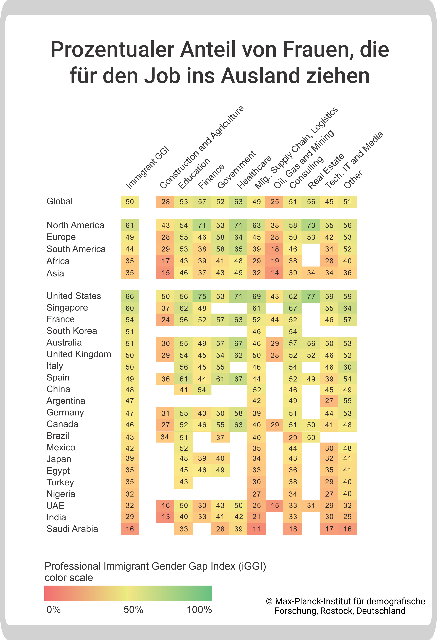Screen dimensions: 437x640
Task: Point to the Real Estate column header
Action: click(x=326, y=171)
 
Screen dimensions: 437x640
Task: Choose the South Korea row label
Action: click(x=72, y=331)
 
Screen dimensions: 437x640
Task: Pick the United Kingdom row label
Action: click(x=79, y=354)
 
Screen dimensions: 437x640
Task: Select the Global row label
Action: click(x=59, y=201)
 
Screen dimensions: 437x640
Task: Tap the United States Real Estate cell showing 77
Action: click(x=311, y=296)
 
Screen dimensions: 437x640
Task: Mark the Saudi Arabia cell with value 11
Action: click(x=256, y=529)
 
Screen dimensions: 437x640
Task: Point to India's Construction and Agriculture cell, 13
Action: click(x=165, y=517)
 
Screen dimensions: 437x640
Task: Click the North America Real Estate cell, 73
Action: click(x=311, y=225)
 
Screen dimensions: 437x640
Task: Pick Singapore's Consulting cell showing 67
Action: click(x=293, y=308)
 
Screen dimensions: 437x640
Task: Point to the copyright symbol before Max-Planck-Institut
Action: click(x=269, y=601)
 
